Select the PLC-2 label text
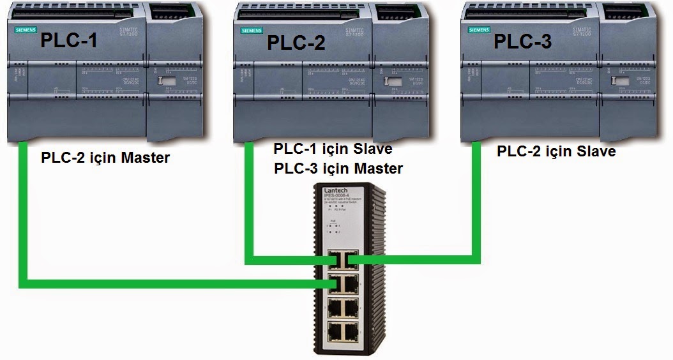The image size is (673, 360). pos(296,42)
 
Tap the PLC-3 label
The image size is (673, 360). pos(522,41)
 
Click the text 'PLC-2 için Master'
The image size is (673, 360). pos(105,158)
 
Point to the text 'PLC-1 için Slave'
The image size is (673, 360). pos(333,149)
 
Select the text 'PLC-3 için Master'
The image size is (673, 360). pos(338,169)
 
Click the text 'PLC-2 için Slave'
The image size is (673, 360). pos(556,152)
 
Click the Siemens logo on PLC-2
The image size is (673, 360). pos(252,30)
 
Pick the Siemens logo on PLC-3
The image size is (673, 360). pos(479,30)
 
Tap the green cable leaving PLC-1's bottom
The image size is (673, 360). pos(23,211)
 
